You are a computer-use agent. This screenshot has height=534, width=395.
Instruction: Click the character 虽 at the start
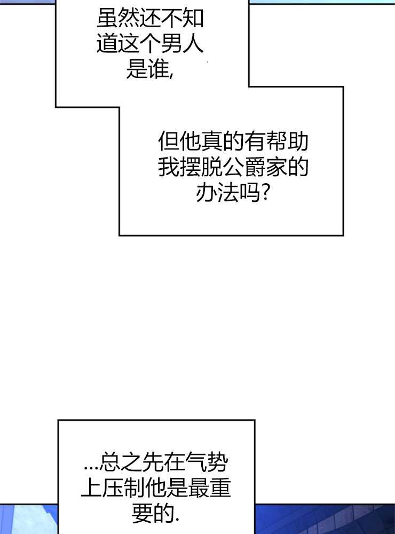point(107,20)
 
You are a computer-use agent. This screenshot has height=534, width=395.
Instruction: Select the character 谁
point(158,69)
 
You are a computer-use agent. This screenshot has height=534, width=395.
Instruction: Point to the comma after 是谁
point(171,75)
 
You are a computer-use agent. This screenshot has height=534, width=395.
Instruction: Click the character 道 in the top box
point(107,44)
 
